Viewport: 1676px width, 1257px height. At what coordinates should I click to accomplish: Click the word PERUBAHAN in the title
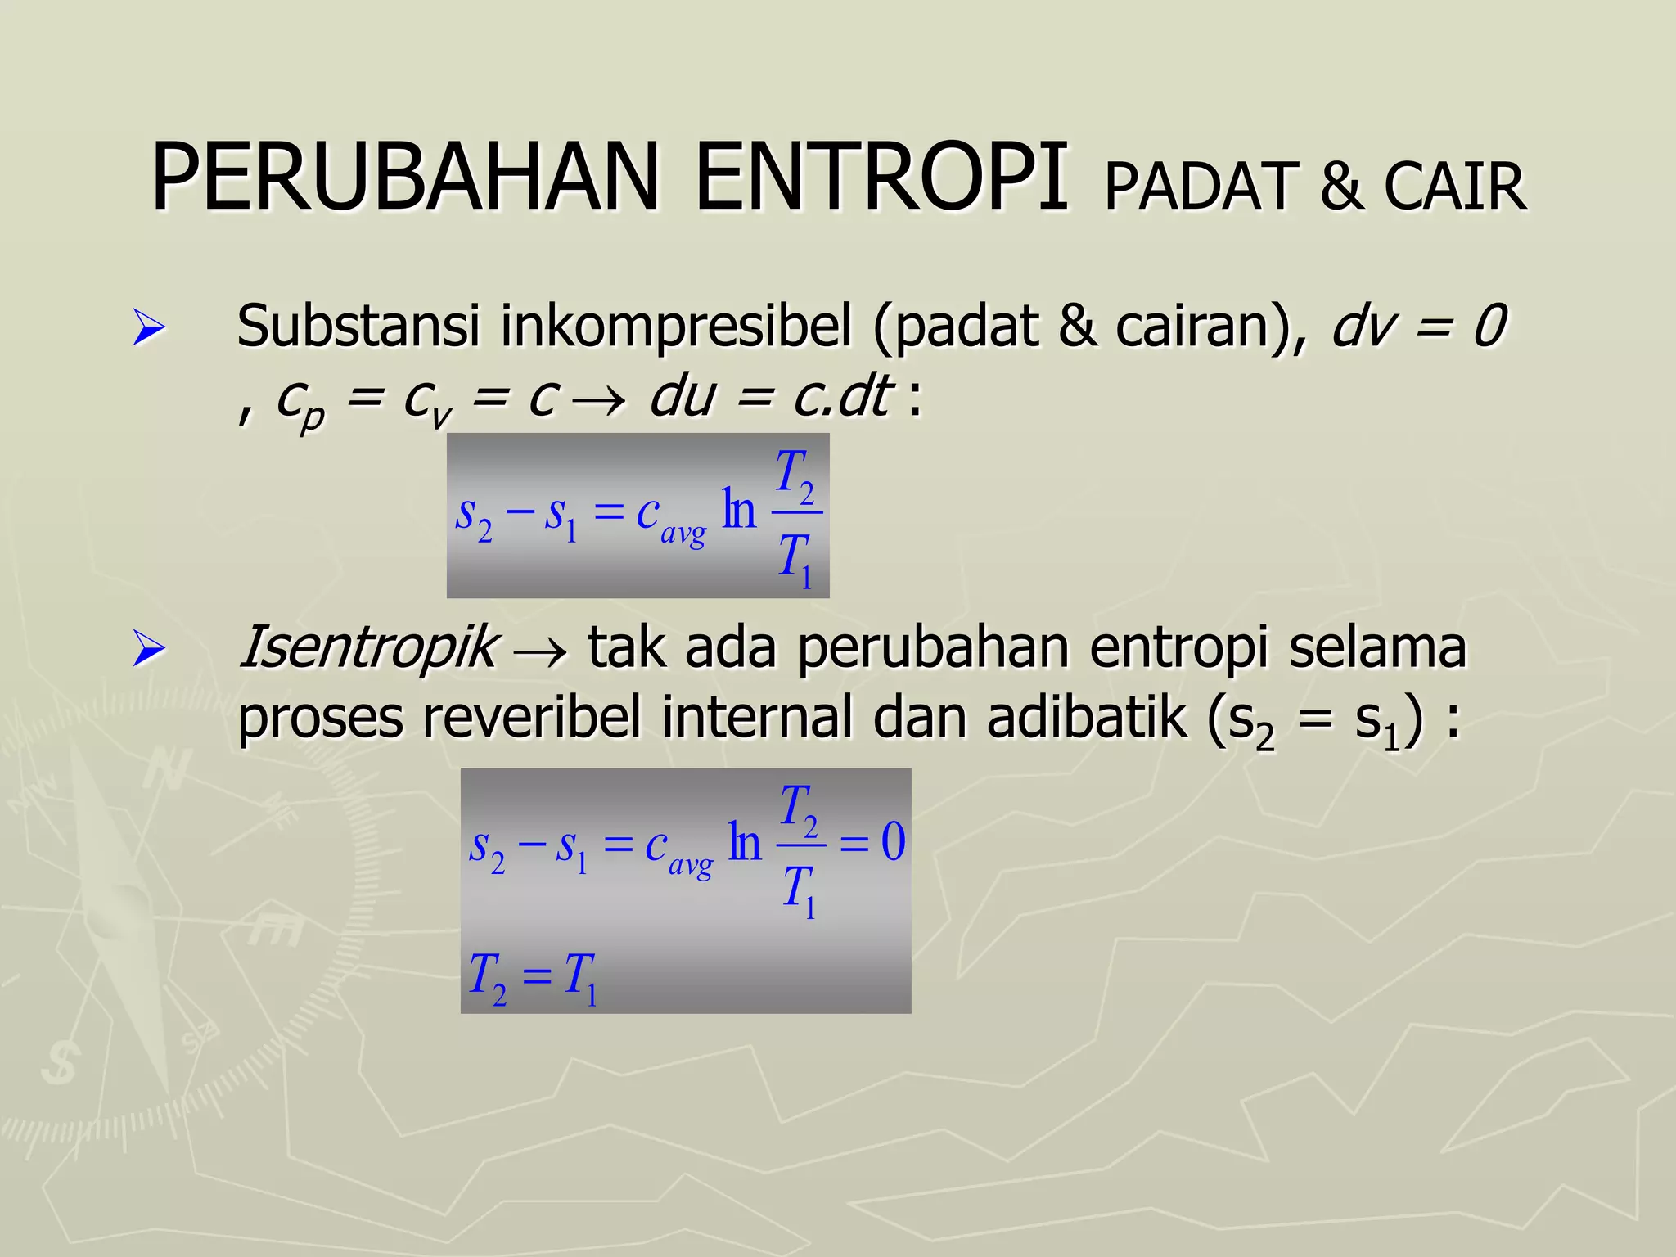pos(405,178)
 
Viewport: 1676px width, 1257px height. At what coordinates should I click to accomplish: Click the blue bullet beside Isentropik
pos(148,650)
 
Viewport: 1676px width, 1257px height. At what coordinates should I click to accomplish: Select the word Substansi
pos(358,326)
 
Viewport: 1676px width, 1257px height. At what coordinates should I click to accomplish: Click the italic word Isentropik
pos(367,647)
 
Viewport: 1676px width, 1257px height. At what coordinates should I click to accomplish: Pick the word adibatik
pos(1086,718)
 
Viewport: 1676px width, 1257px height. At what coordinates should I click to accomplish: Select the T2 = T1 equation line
pos(533,976)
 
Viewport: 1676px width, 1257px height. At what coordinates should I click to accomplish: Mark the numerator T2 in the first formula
pos(795,473)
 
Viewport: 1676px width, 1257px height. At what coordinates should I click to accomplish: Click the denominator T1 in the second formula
pos(799,890)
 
